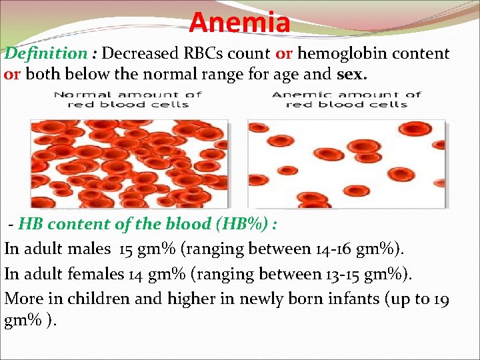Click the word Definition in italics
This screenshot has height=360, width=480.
[x=46, y=54]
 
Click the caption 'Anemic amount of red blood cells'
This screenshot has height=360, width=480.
[x=346, y=99]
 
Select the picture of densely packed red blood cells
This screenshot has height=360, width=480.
[x=129, y=163]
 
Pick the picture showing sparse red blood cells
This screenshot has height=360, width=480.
[x=346, y=163]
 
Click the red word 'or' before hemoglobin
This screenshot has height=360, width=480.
[x=284, y=54]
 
